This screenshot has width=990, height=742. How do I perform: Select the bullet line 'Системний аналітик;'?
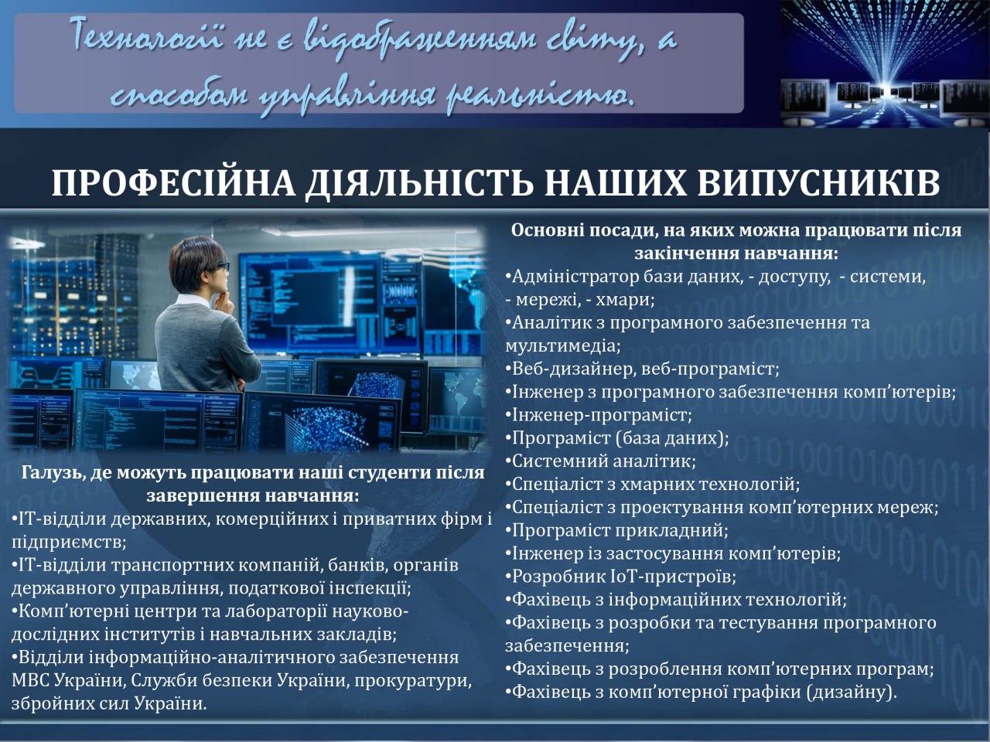tap(601, 461)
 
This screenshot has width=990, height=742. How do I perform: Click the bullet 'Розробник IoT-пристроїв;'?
tap(620, 577)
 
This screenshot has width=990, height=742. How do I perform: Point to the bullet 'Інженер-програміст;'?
tap(599, 414)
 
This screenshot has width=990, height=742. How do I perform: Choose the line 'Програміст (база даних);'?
tap(617, 438)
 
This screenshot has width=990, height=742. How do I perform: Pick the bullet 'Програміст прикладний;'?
tap(616, 530)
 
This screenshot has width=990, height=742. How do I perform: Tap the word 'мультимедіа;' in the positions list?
tap(563, 346)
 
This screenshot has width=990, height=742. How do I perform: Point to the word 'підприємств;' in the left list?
tap(69, 542)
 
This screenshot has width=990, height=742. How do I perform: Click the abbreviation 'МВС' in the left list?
tap(29, 680)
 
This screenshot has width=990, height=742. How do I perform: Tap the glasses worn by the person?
tap(221, 266)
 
